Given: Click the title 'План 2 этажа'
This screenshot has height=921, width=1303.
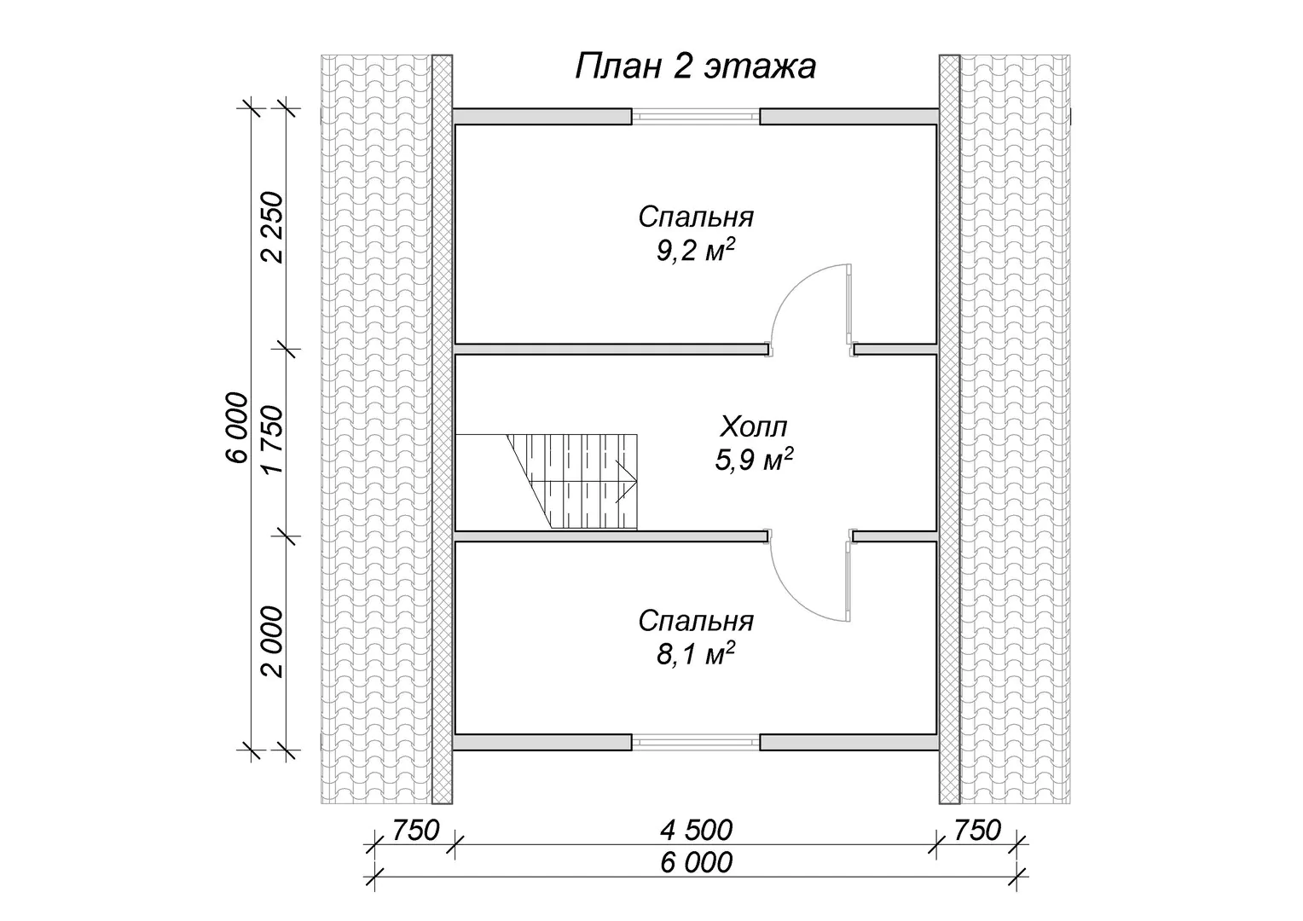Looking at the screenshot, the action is (x=695, y=67).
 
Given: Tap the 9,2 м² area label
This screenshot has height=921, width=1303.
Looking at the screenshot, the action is (x=696, y=251).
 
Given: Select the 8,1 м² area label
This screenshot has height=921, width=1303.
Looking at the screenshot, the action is (x=696, y=655).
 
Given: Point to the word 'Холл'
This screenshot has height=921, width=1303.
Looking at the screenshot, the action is (x=753, y=426).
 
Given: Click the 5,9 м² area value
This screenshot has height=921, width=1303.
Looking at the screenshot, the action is (x=754, y=460).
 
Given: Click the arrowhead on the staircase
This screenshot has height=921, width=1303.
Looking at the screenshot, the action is (x=627, y=483).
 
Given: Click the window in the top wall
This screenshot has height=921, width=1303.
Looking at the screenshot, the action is (x=696, y=116).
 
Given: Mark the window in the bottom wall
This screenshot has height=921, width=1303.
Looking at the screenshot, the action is (x=696, y=743).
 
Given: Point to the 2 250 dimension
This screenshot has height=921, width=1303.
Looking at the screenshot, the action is (x=273, y=228).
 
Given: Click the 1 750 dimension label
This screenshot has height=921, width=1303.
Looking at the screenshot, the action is (x=273, y=439).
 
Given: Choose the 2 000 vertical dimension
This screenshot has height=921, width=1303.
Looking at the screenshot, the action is (x=273, y=642).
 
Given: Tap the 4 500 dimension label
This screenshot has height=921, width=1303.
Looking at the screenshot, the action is (x=696, y=831).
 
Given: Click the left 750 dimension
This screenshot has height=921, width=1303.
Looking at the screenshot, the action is (x=415, y=831).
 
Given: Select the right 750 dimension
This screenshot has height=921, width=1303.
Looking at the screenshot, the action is (x=977, y=831).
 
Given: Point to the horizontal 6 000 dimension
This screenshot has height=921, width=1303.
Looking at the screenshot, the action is (x=696, y=863).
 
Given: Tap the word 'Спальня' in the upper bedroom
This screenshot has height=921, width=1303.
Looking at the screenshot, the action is (x=696, y=217).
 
